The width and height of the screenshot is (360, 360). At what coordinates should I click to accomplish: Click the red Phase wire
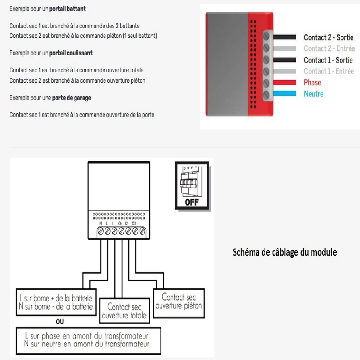point(284,83)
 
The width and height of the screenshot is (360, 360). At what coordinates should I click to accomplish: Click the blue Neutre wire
point(284,93)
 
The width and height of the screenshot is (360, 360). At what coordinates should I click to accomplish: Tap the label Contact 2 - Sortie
point(328,38)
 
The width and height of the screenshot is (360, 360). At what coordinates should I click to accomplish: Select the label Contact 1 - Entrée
point(329,71)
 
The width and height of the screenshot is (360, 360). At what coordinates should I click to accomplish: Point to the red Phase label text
point(312,83)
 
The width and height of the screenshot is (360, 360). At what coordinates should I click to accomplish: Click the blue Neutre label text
point(314,94)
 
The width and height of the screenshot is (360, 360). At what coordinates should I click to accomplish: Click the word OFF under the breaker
point(192,202)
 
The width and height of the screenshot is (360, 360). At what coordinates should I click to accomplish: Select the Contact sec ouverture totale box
point(124,311)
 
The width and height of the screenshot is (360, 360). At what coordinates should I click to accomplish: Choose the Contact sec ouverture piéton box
point(179,302)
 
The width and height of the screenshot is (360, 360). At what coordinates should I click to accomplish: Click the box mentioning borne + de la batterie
point(56,302)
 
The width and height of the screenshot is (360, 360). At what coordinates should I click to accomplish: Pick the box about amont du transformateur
point(88,340)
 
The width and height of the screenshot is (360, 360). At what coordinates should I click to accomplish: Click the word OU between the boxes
point(60,321)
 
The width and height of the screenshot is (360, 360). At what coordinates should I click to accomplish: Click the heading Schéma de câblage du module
point(285,252)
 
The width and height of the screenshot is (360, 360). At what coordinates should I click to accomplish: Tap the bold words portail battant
point(67,9)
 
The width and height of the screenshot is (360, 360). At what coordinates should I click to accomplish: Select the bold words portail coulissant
point(71,53)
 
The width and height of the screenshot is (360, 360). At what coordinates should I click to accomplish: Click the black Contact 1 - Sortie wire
point(284,60)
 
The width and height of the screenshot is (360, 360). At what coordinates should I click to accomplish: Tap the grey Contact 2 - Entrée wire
point(284,49)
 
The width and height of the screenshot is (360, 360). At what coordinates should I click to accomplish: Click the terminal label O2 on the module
point(134,224)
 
